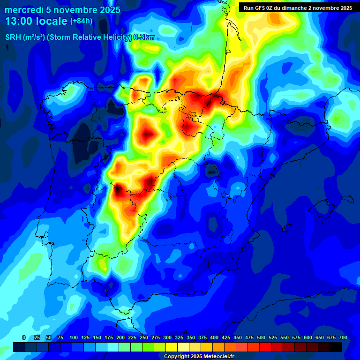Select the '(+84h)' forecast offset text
point(81,21)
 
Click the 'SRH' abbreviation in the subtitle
point(14,37)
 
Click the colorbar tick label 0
point(24,337)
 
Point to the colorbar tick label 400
point(214,337)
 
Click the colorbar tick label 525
point(273,337)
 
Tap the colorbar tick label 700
point(343,337)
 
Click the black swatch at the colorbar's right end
point(336,347)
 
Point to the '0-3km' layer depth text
point(144,37)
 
